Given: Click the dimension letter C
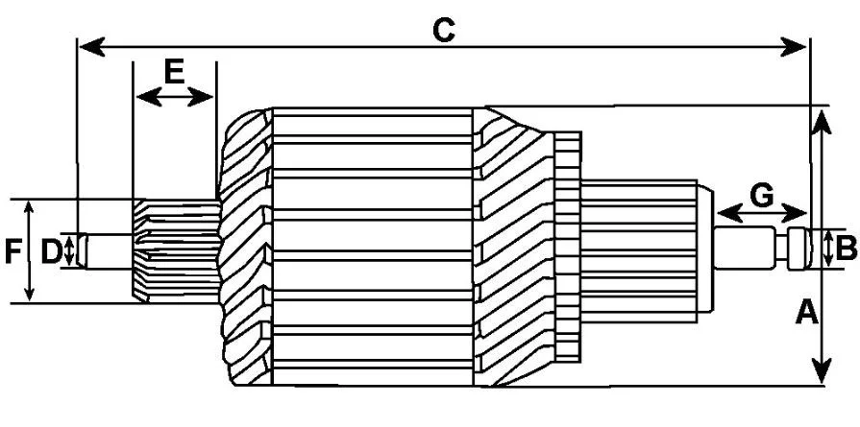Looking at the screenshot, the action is point(443,30).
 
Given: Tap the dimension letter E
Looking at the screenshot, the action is point(175,72).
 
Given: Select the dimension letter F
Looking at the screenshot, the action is point(13,252).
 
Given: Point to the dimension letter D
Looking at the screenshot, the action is point(51,252).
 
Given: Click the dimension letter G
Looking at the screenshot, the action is point(762,196).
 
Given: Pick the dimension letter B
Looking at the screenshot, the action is point(846,249).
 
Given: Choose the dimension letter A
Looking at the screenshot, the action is point(807,313).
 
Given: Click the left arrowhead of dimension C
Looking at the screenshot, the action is point(92,47).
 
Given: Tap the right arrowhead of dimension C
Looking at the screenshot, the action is point(794,47).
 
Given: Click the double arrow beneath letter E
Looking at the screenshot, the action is point(175,98).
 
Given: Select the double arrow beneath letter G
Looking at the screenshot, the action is point(762,212).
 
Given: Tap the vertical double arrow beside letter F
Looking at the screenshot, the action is point(30,250).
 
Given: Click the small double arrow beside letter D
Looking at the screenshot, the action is point(68,251).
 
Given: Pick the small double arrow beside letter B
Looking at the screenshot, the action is point(826,249).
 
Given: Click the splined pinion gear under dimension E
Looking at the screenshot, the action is point(177,250).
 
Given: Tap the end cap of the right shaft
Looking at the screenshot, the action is point(799,249).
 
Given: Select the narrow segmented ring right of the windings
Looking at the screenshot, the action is point(568,247).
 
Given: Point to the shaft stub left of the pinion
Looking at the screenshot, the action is point(106,251).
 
